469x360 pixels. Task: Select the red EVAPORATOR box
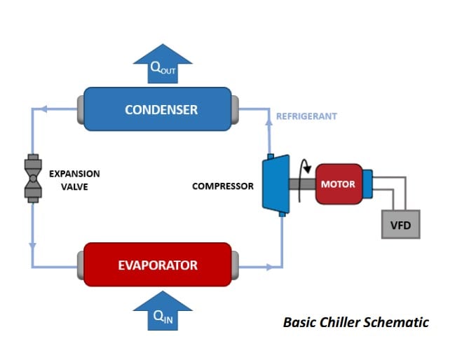click(x=157, y=265)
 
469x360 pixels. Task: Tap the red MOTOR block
click(x=338, y=184)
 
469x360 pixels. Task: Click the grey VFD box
click(x=400, y=224)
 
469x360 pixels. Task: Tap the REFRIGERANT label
click(x=306, y=116)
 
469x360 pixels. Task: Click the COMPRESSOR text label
click(x=222, y=186)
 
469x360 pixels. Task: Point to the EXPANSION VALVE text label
click(x=74, y=179)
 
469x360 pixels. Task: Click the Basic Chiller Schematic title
click(x=355, y=323)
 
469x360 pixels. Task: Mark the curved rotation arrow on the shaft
click(x=304, y=170)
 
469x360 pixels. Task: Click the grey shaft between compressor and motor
click(x=298, y=184)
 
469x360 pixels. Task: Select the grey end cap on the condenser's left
click(x=79, y=109)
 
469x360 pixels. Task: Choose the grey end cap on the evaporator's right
click(x=236, y=265)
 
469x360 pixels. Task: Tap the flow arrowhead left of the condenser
click(x=43, y=109)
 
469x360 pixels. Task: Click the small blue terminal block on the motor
click(x=367, y=184)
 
